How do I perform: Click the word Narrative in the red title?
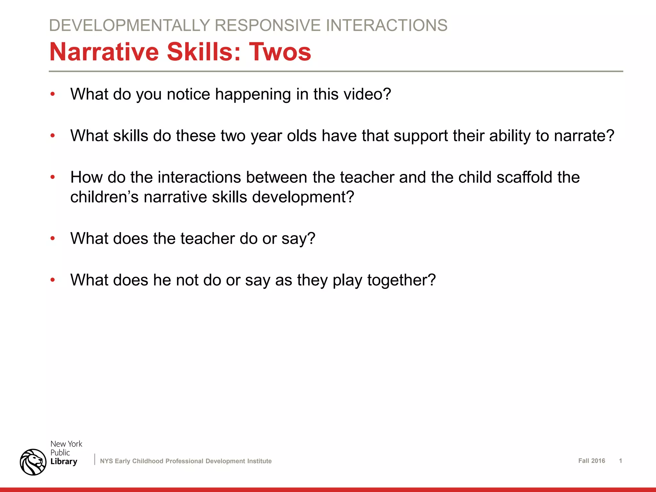point(104,52)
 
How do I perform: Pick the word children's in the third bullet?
point(104,197)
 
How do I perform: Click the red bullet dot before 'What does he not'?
point(53,280)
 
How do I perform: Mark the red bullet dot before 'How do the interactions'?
point(53,177)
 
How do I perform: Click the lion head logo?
point(33,462)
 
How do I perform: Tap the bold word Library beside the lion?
point(64,461)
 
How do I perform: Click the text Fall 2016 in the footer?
point(591,461)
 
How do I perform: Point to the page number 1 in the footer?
point(620,461)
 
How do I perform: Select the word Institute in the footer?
point(258,461)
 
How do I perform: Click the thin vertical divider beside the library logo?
point(95,459)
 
